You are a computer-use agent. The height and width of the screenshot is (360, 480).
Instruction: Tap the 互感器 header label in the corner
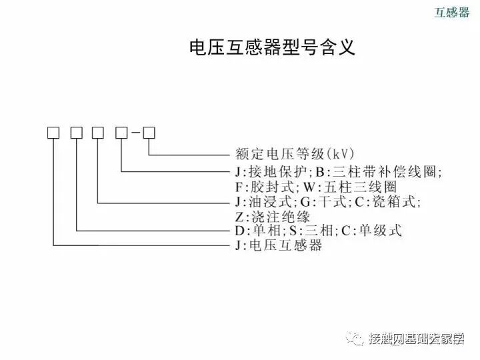(x=452, y=13)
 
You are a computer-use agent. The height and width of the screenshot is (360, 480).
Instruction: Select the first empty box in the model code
(x=53, y=132)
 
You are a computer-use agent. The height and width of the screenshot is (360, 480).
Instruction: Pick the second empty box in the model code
(x=76, y=132)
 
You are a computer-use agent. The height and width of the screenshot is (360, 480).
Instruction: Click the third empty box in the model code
(x=98, y=132)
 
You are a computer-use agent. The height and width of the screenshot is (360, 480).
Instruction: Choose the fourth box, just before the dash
(x=121, y=132)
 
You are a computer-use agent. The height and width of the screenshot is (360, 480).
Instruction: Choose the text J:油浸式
(x=265, y=201)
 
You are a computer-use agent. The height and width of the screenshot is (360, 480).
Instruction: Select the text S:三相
(x=311, y=231)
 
